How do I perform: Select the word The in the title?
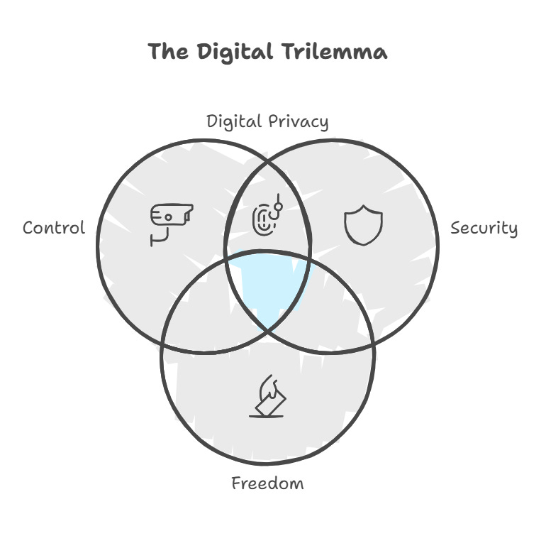[167, 52]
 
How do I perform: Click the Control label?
[54, 228]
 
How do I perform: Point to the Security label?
[484, 228]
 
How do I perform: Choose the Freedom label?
[267, 483]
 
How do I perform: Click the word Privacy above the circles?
[299, 121]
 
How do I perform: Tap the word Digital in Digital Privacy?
[235, 121]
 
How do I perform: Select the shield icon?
[363, 225]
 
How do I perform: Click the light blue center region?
[269, 288]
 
